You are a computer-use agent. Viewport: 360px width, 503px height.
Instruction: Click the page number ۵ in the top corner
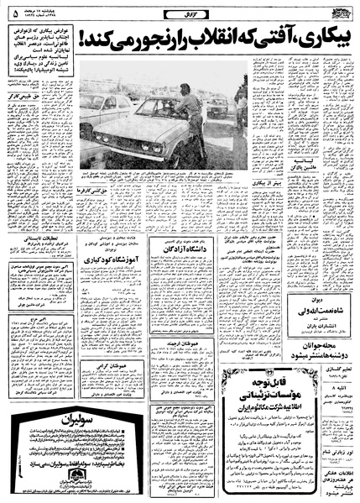pyautogui.click(x=10, y=13)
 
